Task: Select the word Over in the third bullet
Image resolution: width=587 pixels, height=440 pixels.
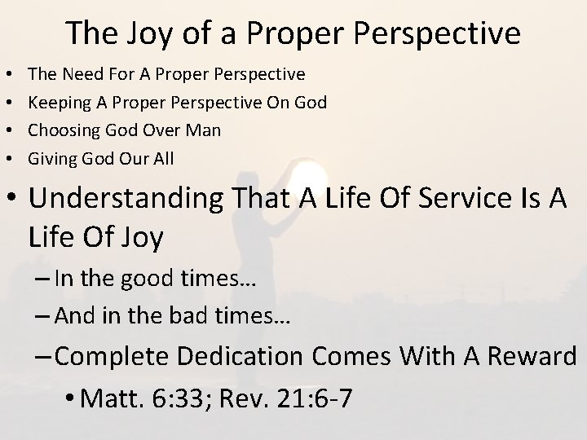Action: coord(159,130)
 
